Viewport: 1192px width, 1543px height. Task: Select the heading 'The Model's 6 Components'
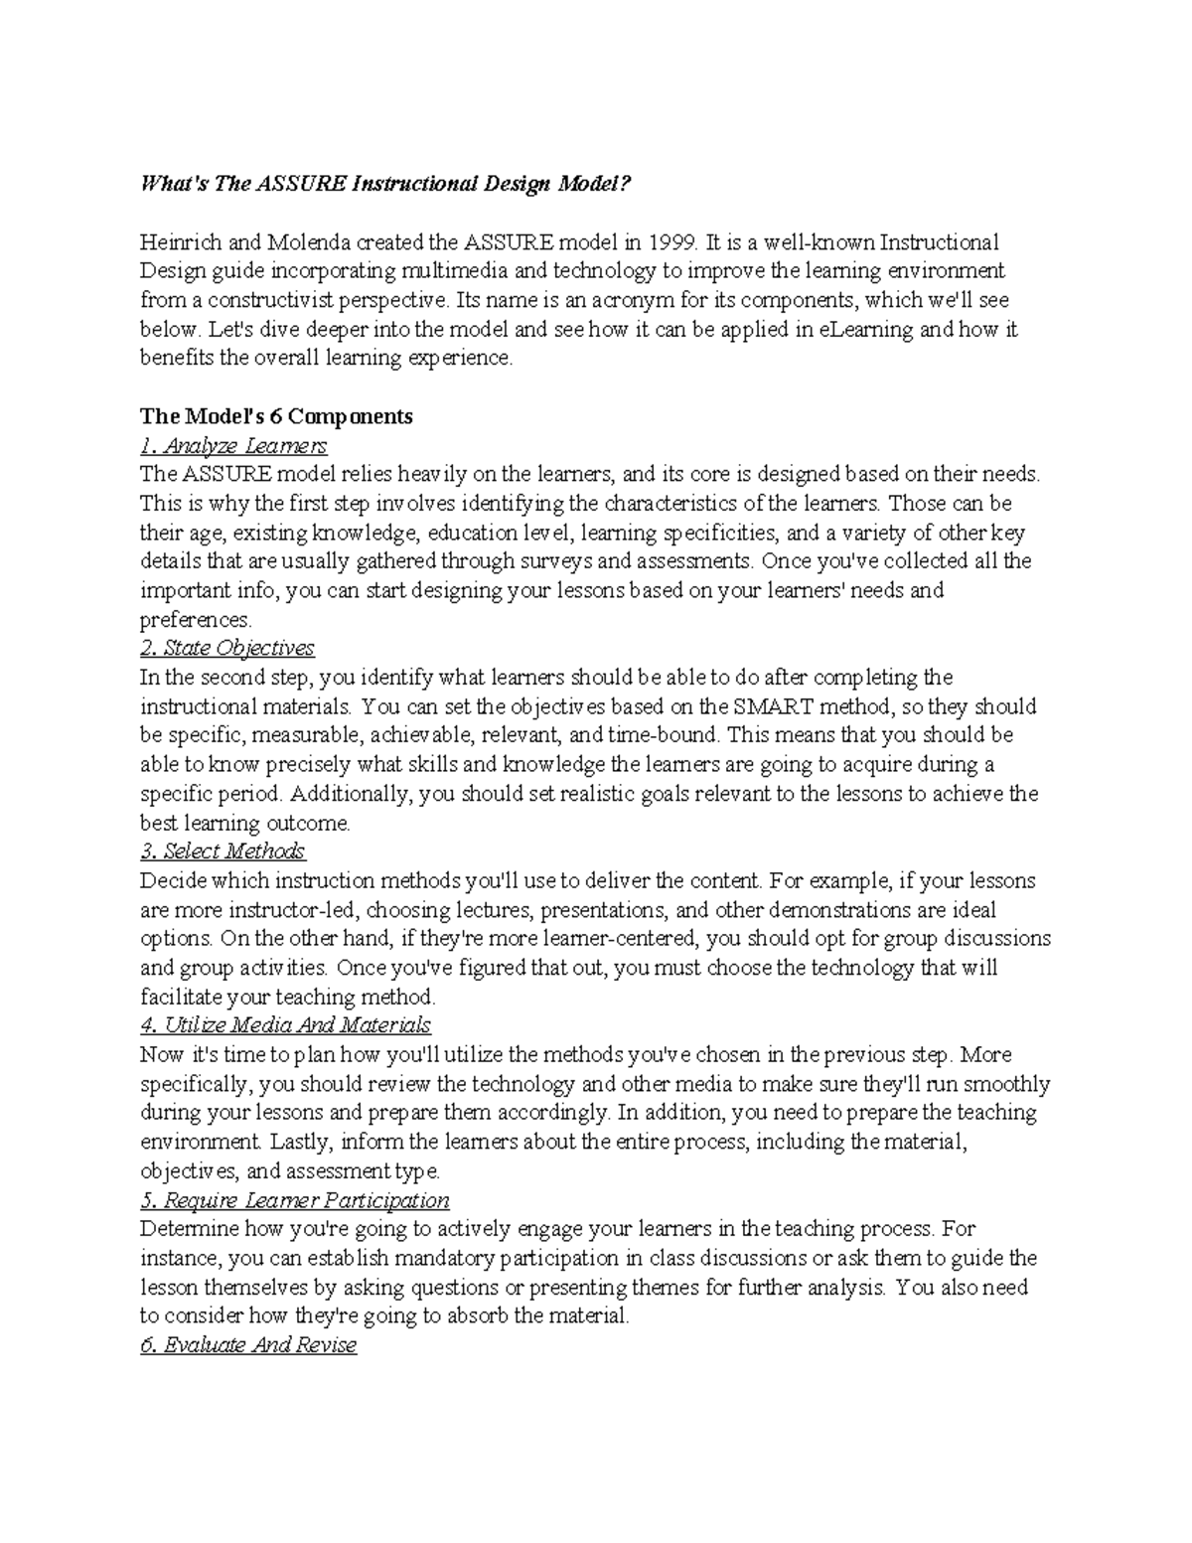pos(276,416)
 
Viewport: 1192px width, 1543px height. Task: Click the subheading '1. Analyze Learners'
pos(233,445)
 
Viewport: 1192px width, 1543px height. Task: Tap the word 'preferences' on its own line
pos(196,620)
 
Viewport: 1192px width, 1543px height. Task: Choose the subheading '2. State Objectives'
pos(227,649)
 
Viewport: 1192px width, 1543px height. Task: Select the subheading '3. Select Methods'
pos(223,851)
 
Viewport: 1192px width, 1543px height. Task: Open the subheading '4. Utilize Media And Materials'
pos(285,1025)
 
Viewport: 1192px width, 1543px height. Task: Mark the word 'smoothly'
pos(1005,1084)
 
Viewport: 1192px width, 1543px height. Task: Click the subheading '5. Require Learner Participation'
pos(295,1200)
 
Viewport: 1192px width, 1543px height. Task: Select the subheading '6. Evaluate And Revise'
pos(248,1346)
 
